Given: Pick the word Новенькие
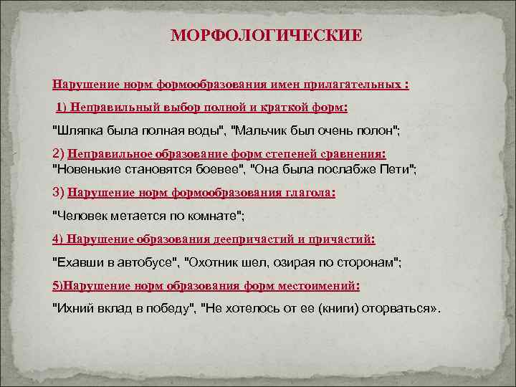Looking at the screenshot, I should (87, 168).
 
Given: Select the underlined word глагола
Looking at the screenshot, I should (310, 192).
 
